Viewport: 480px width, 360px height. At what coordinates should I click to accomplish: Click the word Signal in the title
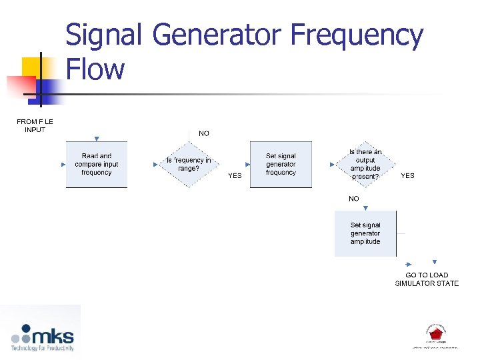point(104,36)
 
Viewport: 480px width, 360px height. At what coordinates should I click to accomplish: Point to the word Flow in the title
point(95,69)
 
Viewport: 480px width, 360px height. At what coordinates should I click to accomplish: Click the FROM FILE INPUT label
point(35,125)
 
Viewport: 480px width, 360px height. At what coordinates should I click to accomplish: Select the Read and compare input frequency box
point(97,165)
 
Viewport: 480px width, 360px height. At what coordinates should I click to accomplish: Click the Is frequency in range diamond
point(189,165)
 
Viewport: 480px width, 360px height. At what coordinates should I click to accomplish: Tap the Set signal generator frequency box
point(281,165)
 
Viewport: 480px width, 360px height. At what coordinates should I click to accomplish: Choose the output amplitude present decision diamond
point(365,165)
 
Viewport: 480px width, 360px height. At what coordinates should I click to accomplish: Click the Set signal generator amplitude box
point(365,233)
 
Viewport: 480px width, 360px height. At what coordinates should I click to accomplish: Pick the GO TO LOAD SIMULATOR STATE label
point(427,279)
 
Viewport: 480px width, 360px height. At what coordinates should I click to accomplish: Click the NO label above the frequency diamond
point(204,133)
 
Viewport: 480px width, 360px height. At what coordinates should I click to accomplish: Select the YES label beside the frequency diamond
point(235,176)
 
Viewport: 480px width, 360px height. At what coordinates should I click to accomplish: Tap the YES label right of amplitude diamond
point(407,176)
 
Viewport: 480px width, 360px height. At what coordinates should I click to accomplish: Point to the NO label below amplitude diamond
point(353,199)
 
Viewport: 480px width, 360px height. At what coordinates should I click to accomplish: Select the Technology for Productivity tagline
point(42,347)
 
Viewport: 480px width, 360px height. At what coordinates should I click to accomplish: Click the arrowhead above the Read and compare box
point(97,139)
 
